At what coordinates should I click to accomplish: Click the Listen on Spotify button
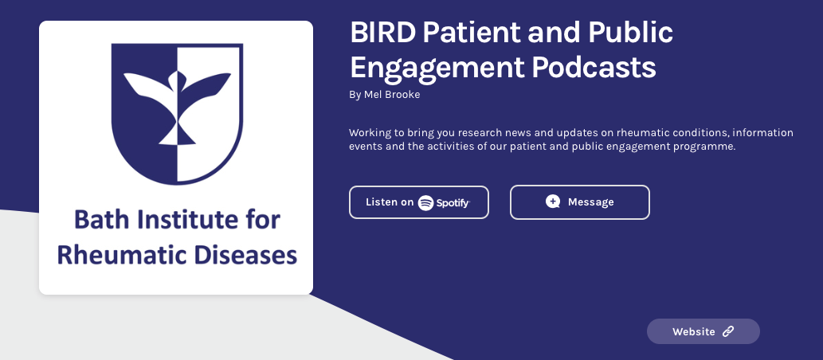click(x=419, y=202)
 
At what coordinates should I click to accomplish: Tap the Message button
click(x=579, y=202)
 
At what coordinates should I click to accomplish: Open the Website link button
click(x=703, y=331)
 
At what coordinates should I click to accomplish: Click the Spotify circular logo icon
click(x=425, y=202)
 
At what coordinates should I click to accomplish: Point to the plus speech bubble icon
click(x=553, y=202)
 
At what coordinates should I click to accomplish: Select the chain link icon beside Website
click(x=728, y=331)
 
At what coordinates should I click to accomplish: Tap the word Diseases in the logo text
click(x=245, y=255)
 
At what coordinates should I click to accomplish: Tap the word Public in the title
click(x=630, y=33)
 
